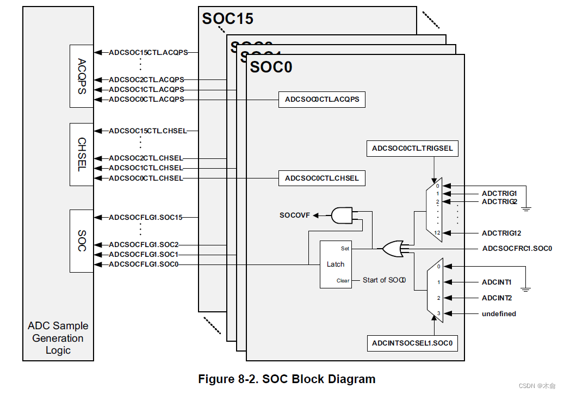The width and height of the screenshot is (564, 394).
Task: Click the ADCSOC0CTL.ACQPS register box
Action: pos(322,100)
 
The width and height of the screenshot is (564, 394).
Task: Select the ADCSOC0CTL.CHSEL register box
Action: pos(322,178)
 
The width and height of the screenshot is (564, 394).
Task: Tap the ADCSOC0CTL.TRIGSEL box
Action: pos(412,148)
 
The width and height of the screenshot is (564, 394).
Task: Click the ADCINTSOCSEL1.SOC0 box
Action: pos(412,343)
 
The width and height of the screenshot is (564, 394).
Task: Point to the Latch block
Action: pos(336,264)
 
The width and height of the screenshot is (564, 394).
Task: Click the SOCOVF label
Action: pos(295,216)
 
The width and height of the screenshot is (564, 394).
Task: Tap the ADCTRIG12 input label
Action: pos(501,233)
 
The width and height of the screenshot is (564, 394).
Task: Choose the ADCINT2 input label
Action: pos(497,298)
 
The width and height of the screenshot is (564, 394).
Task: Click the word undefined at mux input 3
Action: pos(499,314)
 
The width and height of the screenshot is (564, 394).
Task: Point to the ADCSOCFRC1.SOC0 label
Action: pos(517,249)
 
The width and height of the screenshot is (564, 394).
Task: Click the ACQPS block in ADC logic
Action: pos(82,76)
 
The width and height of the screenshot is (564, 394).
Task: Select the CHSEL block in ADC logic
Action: pos(82,155)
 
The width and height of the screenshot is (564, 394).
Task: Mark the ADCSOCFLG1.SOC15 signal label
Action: pos(145,218)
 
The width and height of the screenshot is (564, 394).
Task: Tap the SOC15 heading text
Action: pos(228,19)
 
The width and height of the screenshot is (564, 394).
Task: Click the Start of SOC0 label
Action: pos(385,280)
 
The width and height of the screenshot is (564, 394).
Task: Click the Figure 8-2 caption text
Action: pos(287,379)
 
